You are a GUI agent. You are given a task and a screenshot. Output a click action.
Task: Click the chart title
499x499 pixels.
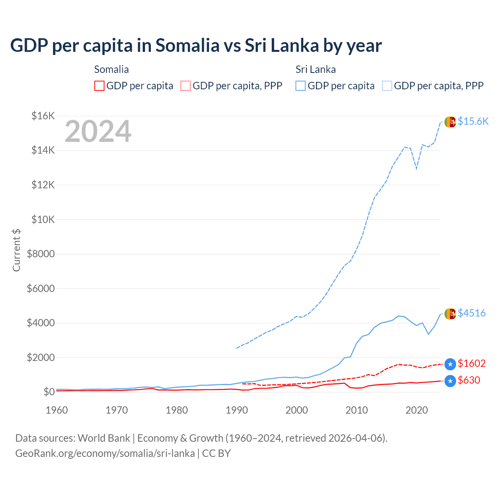[196, 46]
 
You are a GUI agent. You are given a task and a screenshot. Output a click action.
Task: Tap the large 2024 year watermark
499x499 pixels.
[98, 132]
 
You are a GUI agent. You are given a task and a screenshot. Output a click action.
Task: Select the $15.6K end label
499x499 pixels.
[473, 121]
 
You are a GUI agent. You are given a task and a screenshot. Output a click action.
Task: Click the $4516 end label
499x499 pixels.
[471, 313]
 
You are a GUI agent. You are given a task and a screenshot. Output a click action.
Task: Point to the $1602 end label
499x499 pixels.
[471, 363]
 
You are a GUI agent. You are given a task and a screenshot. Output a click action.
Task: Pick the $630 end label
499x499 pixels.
[469, 380]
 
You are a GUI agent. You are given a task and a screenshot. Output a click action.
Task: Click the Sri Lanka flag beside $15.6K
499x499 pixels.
[450, 122]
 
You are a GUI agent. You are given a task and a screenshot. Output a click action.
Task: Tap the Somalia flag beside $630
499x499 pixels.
[450, 381]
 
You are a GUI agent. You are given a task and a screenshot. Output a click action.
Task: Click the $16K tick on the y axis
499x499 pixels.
[43, 116]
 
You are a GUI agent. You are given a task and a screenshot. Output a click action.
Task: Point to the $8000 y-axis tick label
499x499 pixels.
[41, 254]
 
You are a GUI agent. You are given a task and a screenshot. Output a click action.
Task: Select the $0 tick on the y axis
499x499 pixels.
[49, 392]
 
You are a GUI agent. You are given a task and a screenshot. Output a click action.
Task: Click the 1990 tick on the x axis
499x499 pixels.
[237, 410]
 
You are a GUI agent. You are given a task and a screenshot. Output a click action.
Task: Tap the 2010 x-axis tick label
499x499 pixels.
[357, 410]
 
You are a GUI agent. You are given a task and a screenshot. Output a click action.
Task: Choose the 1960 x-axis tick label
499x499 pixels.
[57, 410]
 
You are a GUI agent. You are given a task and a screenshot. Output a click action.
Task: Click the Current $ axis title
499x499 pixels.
[16, 250]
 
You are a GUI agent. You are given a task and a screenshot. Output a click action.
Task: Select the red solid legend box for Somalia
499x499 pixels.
[99, 86]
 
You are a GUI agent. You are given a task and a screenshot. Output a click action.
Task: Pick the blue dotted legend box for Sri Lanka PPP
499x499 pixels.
[387, 86]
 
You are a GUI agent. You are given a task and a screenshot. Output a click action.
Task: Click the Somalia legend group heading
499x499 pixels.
[111, 69]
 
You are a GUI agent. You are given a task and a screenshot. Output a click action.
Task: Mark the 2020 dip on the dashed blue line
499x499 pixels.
[416, 169]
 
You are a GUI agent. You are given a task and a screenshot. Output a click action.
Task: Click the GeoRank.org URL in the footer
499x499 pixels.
[105, 453]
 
